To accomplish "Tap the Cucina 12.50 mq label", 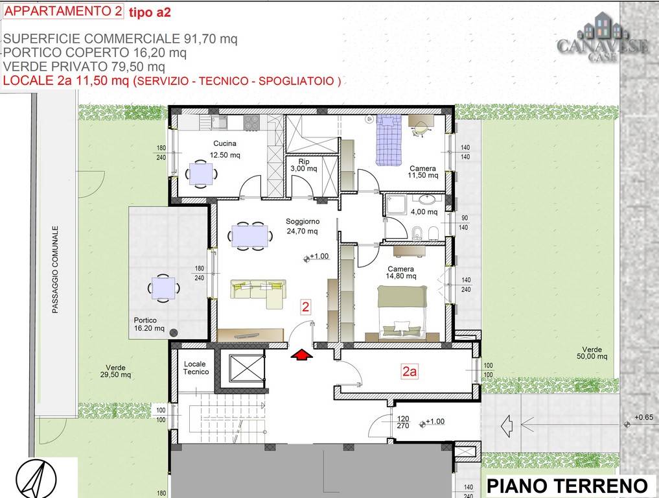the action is (x=225, y=149).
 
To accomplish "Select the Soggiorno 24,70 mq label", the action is (x=302, y=226).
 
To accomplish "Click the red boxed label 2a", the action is (x=410, y=372).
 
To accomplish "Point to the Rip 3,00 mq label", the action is (x=304, y=165).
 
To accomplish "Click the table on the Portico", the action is (x=163, y=288).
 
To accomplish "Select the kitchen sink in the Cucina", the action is (x=220, y=122).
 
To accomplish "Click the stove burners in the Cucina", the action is (x=252, y=123).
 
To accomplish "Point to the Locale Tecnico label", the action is (x=196, y=368).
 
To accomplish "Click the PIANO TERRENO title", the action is (x=567, y=486).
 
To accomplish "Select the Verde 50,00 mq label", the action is (x=592, y=353).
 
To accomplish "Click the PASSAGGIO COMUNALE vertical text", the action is (x=55, y=270).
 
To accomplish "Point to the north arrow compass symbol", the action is (x=36, y=479).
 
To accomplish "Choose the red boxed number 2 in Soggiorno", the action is (x=306, y=307).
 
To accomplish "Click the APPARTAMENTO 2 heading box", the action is (x=63, y=11).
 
